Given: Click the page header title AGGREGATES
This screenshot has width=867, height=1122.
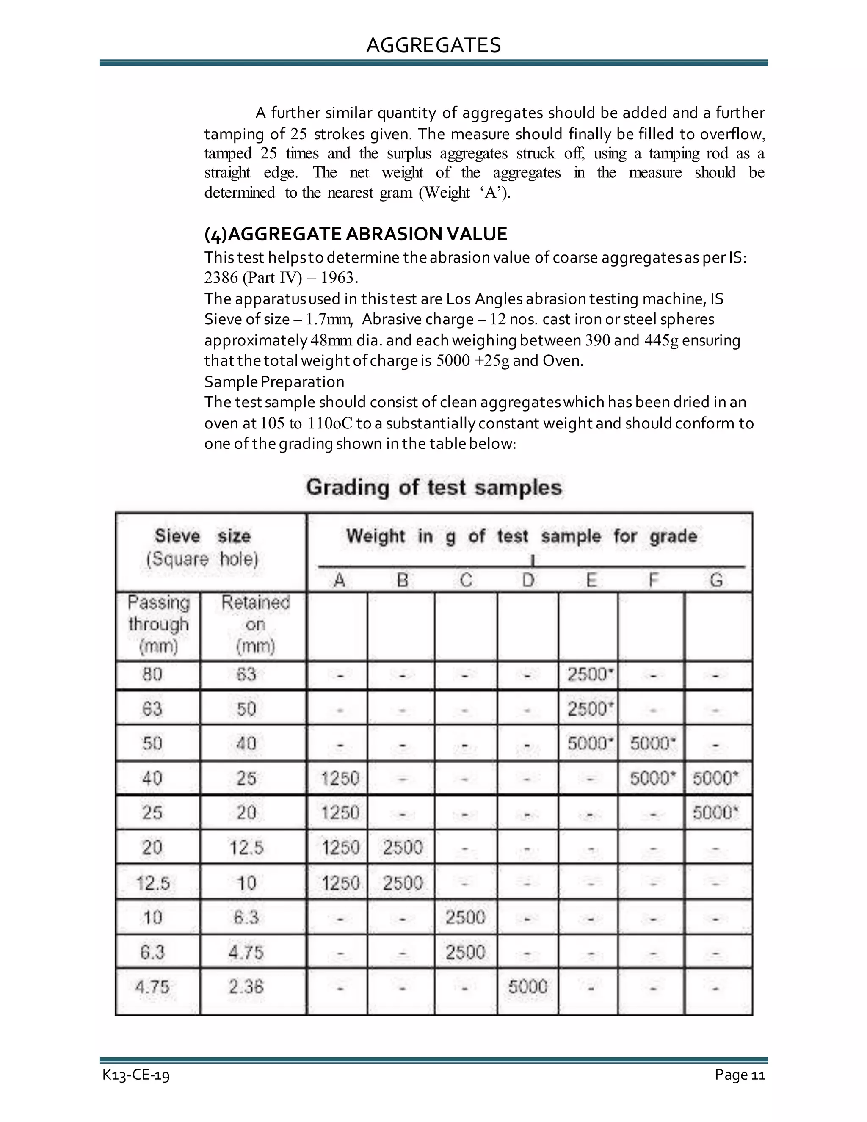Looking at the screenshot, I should point(433,45).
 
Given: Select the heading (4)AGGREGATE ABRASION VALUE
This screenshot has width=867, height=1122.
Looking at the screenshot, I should point(356,234).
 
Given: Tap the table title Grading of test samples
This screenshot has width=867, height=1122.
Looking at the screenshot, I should point(433,487).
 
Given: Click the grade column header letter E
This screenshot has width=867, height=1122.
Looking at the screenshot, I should point(591,580).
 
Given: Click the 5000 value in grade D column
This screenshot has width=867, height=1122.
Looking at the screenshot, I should point(527,987).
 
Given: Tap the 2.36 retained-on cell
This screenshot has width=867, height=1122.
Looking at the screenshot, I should point(246,987).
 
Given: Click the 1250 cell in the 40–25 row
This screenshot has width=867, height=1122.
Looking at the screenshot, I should point(340,779).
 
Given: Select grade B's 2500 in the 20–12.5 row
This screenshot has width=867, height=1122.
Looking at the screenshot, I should point(402,847).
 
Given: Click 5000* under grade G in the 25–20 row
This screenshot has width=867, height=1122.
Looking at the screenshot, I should point(715,813).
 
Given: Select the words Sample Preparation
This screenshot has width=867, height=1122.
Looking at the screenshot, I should point(274,382).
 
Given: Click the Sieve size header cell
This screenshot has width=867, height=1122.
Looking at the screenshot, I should point(202,547).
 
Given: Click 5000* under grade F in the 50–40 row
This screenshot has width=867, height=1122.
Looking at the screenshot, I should point(652,743).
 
